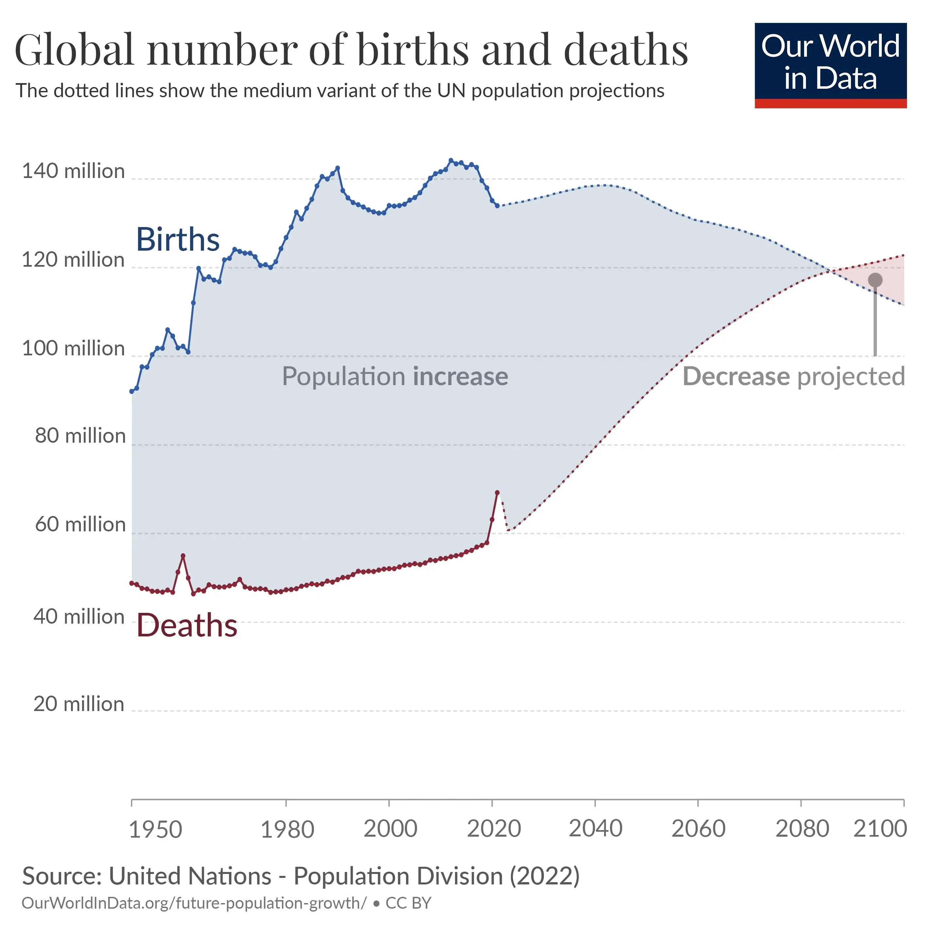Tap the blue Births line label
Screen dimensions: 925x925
tap(178, 240)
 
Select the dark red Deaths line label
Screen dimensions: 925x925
tap(187, 626)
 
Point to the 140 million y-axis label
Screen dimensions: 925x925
tap(73, 171)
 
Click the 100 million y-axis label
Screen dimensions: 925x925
tap(73, 348)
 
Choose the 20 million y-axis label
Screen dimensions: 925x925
tap(79, 704)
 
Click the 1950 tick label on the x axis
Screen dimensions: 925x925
tap(156, 829)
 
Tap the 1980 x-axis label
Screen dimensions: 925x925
tap(287, 829)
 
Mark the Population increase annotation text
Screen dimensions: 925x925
tap(395, 376)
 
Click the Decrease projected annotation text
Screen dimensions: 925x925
tap(793, 376)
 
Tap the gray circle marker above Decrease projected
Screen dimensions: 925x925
tap(875, 280)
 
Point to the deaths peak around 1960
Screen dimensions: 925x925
tap(183, 556)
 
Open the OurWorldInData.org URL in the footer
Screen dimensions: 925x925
tap(194, 903)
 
